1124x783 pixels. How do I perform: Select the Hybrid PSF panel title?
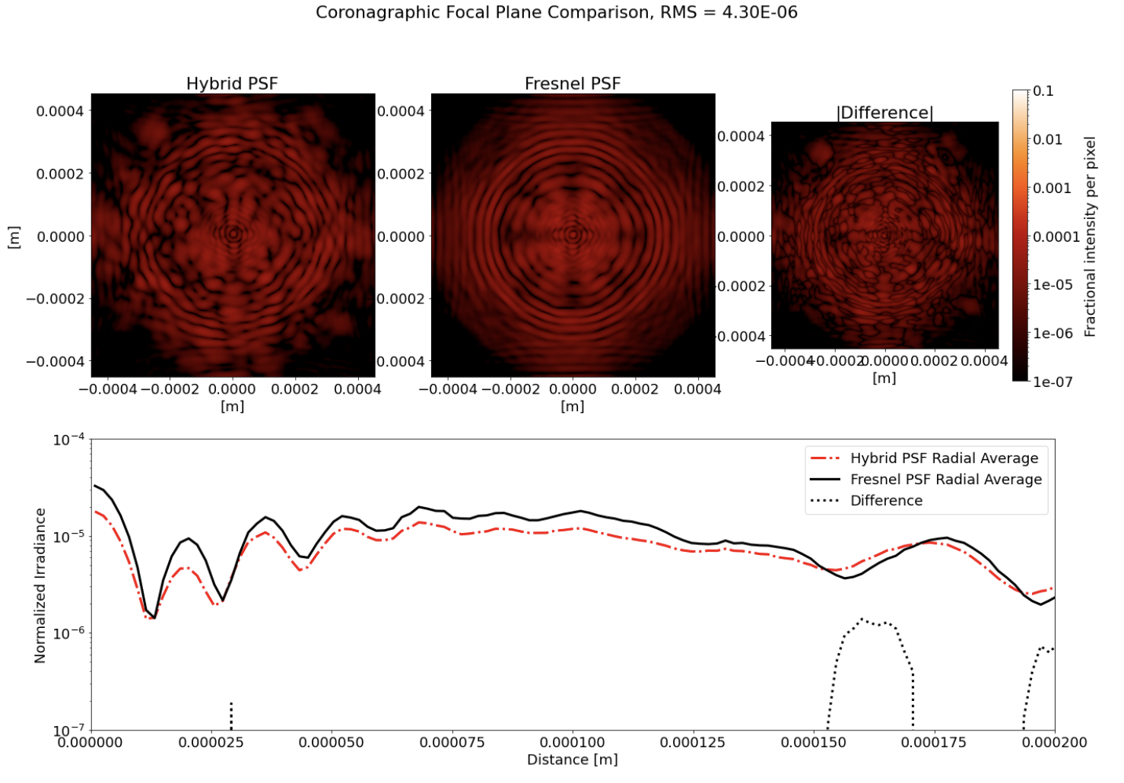point(232,84)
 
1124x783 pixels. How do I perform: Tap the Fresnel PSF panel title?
point(573,84)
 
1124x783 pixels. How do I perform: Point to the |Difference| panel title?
point(884,113)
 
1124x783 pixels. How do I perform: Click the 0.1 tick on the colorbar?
point(1043,91)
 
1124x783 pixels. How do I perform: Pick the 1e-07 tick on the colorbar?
point(1052,382)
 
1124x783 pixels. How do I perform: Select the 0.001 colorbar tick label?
point(1051,188)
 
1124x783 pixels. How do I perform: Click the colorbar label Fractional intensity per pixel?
point(1090,236)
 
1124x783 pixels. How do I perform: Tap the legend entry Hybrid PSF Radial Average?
point(944,458)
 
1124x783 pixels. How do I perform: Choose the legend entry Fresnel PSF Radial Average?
point(945,480)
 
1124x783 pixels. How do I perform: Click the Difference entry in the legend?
point(886,501)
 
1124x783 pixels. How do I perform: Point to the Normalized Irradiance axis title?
point(40,585)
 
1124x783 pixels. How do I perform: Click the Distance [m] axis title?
point(572,759)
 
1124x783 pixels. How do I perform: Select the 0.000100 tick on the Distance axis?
point(573,742)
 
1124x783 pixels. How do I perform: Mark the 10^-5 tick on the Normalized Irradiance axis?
point(69,537)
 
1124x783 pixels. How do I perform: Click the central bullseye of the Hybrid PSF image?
point(233,234)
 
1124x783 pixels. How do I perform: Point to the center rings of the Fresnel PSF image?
point(573,234)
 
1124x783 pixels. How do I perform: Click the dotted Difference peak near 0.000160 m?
point(862,620)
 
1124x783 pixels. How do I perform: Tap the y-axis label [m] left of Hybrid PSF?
point(14,236)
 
